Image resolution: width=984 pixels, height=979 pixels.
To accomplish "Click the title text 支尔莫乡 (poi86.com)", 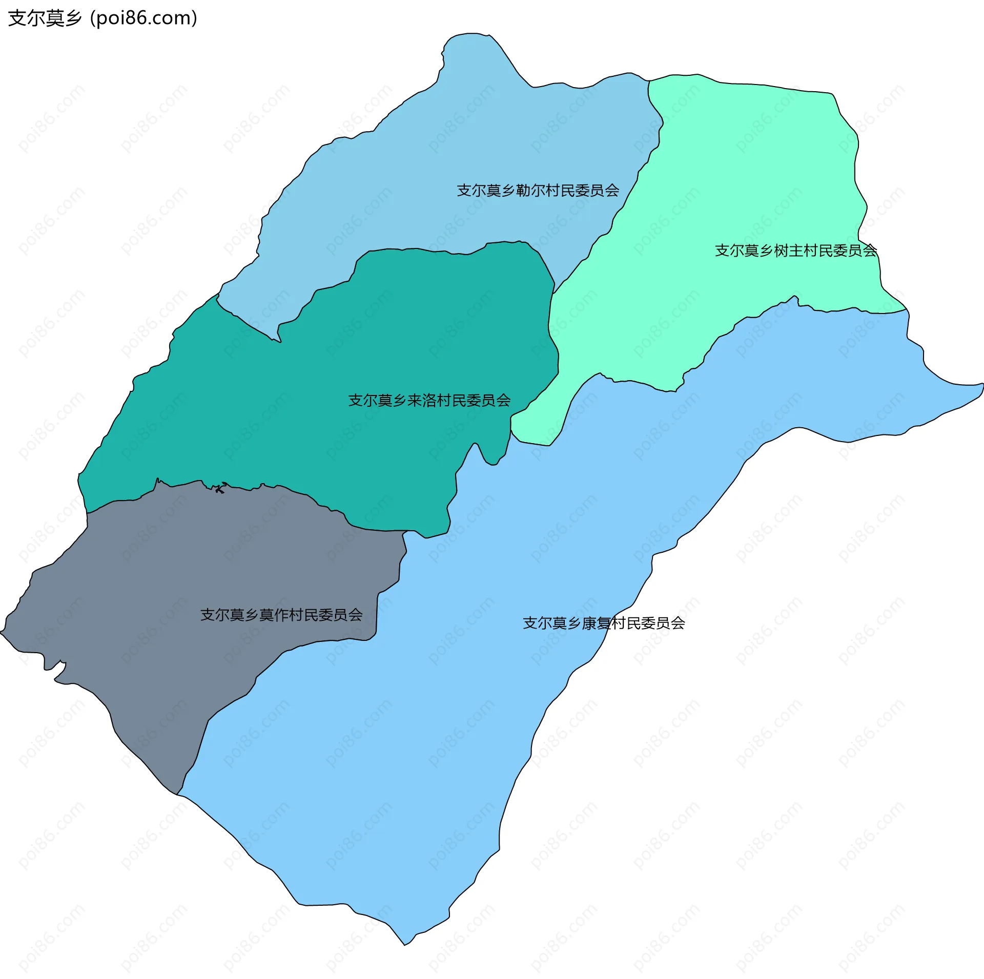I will coord(102,18).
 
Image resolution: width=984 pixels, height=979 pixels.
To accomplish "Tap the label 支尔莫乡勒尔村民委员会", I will coord(538,191).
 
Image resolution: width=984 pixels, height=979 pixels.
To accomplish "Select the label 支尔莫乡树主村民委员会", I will coord(795,251).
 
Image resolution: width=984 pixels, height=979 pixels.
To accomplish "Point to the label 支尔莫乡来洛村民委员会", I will coord(429,400).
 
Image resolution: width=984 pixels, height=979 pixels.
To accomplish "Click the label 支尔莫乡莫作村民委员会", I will coord(281,615).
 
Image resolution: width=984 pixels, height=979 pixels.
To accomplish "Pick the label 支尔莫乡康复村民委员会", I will coord(604,623).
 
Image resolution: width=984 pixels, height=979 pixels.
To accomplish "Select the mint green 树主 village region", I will coord(743,179).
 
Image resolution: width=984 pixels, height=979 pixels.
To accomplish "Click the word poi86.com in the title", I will coord(143,18).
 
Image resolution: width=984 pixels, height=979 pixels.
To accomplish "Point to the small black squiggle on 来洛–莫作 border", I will coord(220,488).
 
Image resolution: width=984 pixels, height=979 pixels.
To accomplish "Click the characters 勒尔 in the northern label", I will coord(530,191).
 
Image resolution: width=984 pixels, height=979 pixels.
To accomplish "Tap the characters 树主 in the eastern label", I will coord(788,251).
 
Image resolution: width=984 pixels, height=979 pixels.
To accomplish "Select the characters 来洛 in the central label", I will coord(422,400).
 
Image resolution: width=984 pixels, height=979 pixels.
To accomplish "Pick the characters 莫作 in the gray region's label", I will coord(274,615).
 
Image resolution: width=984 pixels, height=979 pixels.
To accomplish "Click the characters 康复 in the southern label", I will coord(597,623).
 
